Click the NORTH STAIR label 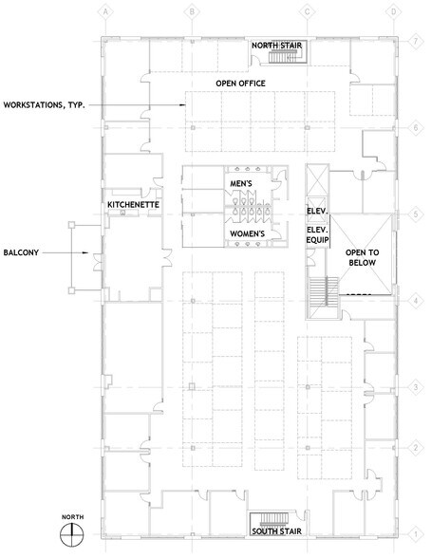click(x=276, y=46)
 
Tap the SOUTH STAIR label click(x=276, y=531)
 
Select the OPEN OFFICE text click(x=240, y=84)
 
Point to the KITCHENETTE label click(x=133, y=205)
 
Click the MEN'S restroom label click(x=241, y=184)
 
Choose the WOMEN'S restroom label click(x=248, y=233)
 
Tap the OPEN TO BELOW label click(x=363, y=258)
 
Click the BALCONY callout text click(x=21, y=252)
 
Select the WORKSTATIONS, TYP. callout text click(x=44, y=105)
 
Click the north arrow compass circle click(x=72, y=534)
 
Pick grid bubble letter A click(x=105, y=12)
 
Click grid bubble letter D click(x=394, y=12)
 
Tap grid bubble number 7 click(x=416, y=42)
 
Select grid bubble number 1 click(x=416, y=534)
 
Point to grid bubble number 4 click(x=416, y=301)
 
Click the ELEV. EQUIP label click(x=317, y=235)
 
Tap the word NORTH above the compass click(x=72, y=516)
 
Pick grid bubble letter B click(x=192, y=12)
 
